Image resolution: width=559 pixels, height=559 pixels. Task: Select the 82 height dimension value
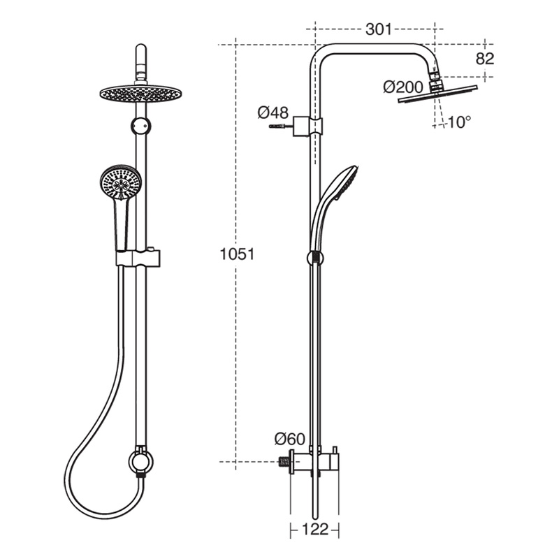pos(485,59)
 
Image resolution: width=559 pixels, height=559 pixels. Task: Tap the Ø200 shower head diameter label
pos(404,87)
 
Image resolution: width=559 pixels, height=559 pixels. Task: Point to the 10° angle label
pos(458,122)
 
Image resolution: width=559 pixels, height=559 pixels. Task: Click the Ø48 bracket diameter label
pos(273,112)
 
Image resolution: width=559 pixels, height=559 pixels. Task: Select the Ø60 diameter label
pos(289,439)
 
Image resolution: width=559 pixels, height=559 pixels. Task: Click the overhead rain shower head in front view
pos(140,92)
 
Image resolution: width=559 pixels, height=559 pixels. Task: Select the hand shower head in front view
pos(119,183)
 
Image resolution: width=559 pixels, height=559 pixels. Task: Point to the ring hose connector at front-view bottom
pos(139,462)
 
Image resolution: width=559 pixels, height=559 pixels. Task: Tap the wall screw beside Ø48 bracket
pos(277,126)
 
